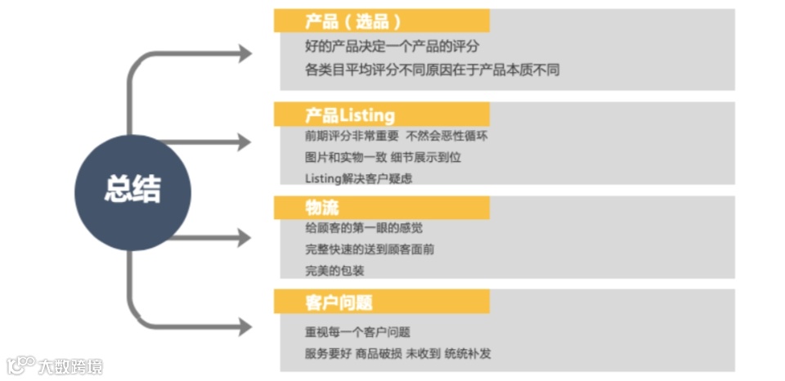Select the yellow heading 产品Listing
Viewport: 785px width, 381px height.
[x=349, y=114]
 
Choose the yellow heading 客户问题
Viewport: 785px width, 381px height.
[x=338, y=302]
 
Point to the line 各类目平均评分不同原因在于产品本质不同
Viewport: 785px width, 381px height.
[x=432, y=70]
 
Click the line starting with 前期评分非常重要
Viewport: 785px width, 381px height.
[x=396, y=136]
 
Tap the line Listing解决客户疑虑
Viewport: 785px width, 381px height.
[x=358, y=178]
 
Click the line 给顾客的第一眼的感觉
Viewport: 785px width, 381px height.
[x=363, y=228]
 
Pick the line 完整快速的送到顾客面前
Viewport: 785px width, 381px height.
[x=369, y=249]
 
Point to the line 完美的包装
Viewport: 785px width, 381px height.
[x=334, y=271]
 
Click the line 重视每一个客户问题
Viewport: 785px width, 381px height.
[x=357, y=332]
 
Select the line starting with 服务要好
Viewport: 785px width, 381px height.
[x=397, y=354]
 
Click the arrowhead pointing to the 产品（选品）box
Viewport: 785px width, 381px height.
[x=244, y=54]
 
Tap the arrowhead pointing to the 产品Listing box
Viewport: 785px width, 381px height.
[x=244, y=141]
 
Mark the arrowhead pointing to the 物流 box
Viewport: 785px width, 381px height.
[x=244, y=238]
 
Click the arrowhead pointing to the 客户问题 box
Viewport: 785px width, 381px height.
[x=244, y=327]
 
